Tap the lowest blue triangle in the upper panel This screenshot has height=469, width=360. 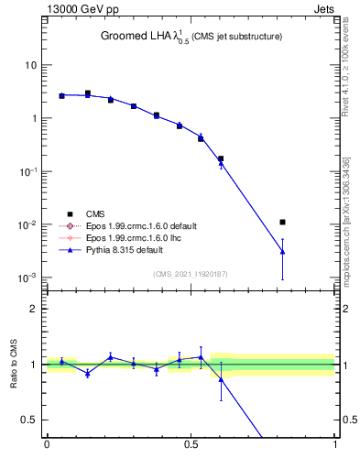283,251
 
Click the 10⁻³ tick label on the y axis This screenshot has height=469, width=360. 29,278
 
